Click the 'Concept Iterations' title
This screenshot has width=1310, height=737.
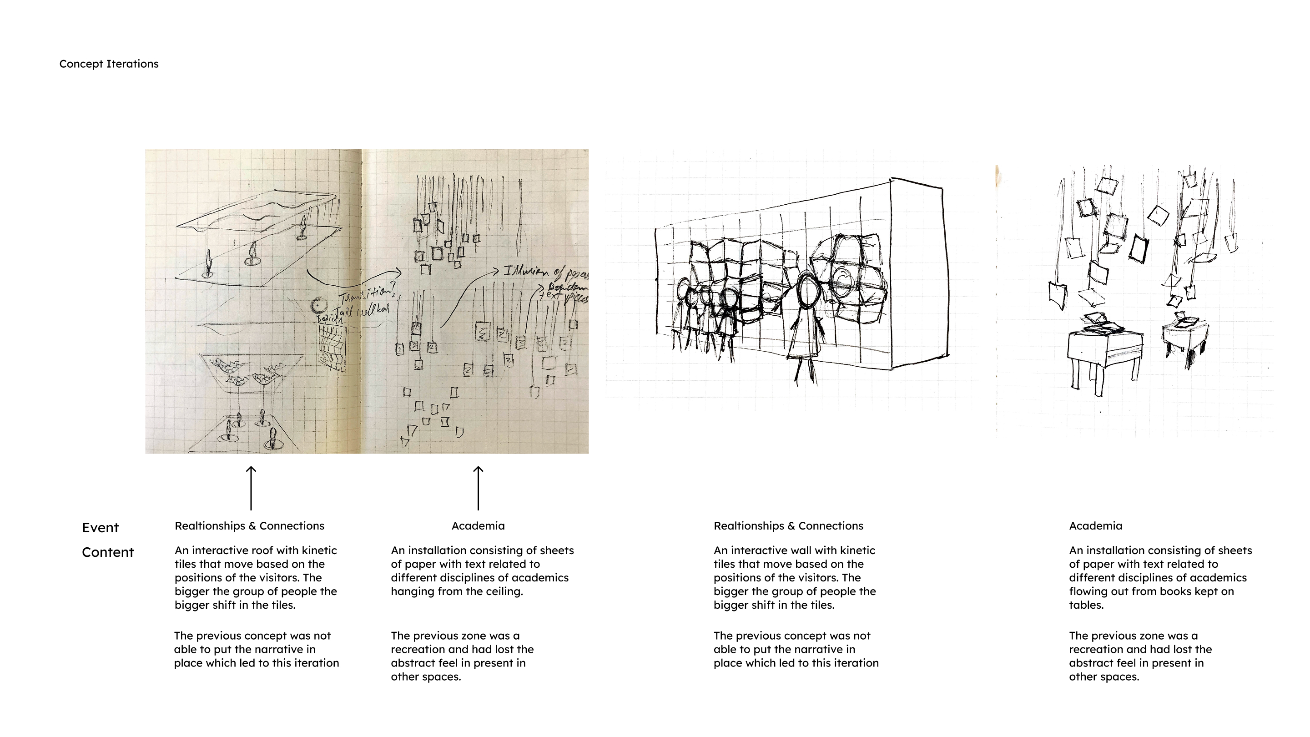coord(109,64)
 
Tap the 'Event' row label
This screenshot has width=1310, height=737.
coord(100,528)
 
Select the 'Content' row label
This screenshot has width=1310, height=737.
coord(108,552)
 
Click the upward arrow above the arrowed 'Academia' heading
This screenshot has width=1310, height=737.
coord(478,488)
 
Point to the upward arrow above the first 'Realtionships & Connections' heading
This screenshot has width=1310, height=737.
coord(251,488)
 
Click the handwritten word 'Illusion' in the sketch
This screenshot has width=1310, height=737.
coord(526,272)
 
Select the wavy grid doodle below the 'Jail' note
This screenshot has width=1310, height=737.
coord(332,348)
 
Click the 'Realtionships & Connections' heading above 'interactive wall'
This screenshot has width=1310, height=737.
coord(788,526)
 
